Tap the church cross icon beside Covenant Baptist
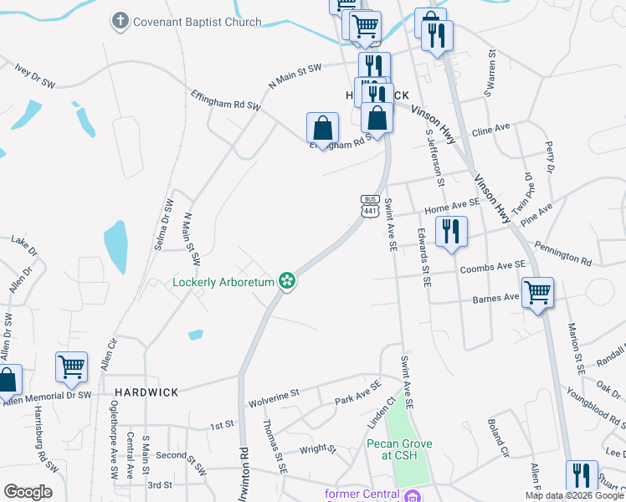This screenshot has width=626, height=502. (x=121, y=22)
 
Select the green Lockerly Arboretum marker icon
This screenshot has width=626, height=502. (x=287, y=281)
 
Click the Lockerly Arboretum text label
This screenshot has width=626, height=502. (x=223, y=282)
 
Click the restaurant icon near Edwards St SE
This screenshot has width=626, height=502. (x=451, y=231)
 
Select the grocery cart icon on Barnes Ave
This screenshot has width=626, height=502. (x=537, y=293)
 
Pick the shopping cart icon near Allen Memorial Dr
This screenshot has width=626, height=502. (x=71, y=366)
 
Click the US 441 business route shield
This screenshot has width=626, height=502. (x=370, y=206)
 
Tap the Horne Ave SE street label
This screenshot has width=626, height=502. (x=452, y=202)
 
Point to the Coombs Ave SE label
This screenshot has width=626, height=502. (x=493, y=266)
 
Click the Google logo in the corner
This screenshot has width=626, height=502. (x=28, y=492)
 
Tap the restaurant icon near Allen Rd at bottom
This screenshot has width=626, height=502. (x=582, y=475)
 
